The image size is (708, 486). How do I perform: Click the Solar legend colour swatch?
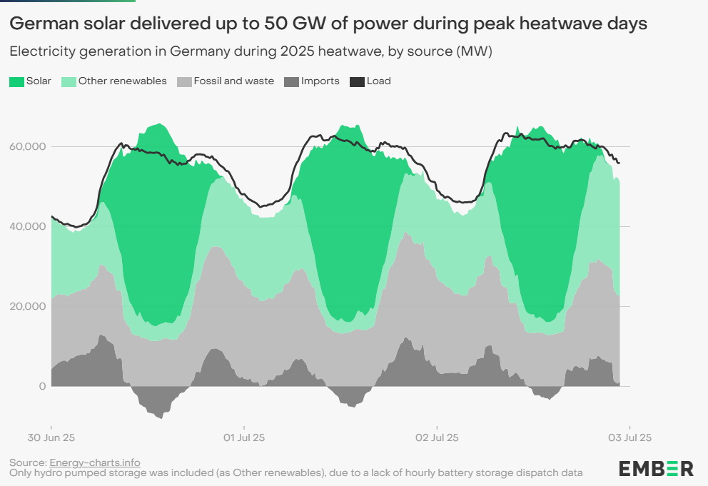point(16,81)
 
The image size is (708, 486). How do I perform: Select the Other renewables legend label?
point(122,81)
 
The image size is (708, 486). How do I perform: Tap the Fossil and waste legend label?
point(233,81)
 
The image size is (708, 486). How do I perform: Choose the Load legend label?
point(378,81)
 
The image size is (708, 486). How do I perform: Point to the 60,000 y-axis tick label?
point(26,146)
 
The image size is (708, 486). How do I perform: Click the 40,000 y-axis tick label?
point(26,226)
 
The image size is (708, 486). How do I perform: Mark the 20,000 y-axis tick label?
point(26,306)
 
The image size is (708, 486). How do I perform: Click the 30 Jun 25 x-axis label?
point(51,437)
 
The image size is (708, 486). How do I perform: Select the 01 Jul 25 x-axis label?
point(244,437)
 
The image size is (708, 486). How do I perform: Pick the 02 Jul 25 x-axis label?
point(437,437)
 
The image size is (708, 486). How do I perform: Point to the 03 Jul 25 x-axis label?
point(629,437)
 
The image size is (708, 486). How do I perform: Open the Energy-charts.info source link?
point(95,462)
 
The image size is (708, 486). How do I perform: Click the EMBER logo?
point(656,469)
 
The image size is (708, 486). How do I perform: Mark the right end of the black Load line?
point(619,163)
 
